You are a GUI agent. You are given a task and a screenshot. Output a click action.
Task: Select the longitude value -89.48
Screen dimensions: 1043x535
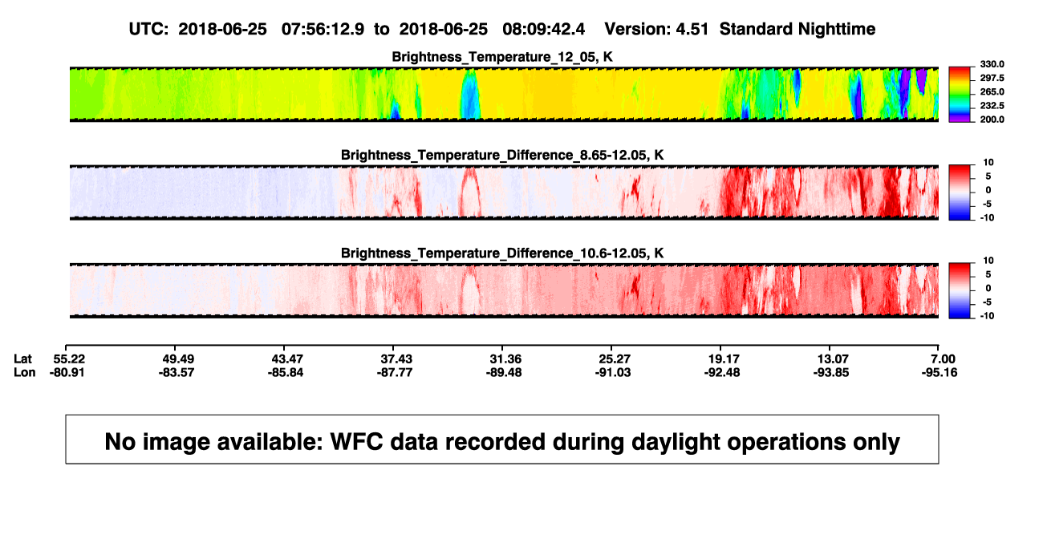(504, 373)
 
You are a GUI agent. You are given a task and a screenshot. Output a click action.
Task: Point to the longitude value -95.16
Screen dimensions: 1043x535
(940, 373)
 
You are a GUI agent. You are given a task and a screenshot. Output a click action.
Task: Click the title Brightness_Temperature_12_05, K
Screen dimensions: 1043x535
(502, 57)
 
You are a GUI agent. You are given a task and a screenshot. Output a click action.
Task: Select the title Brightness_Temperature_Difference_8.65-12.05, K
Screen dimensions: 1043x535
(502, 155)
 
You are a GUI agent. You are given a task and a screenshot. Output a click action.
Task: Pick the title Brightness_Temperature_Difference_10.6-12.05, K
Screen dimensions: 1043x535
(502, 253)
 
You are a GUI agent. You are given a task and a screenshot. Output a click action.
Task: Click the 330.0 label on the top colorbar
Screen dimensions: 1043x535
(992, 64)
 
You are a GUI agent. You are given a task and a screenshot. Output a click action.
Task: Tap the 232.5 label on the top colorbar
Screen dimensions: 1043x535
(992, 106)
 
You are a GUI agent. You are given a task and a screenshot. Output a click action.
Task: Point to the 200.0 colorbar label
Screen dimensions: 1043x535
(992, 120)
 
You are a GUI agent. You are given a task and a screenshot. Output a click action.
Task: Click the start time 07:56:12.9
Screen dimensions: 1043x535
(323, 30)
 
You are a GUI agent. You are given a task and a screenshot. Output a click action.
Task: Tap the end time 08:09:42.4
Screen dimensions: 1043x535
(543, 30)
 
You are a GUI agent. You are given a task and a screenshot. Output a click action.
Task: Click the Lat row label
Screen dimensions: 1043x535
(22, 359)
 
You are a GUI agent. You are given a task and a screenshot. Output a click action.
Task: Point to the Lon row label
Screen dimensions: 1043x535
(24, 373)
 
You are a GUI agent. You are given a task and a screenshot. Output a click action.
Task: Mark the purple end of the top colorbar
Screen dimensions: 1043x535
(960, 120)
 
